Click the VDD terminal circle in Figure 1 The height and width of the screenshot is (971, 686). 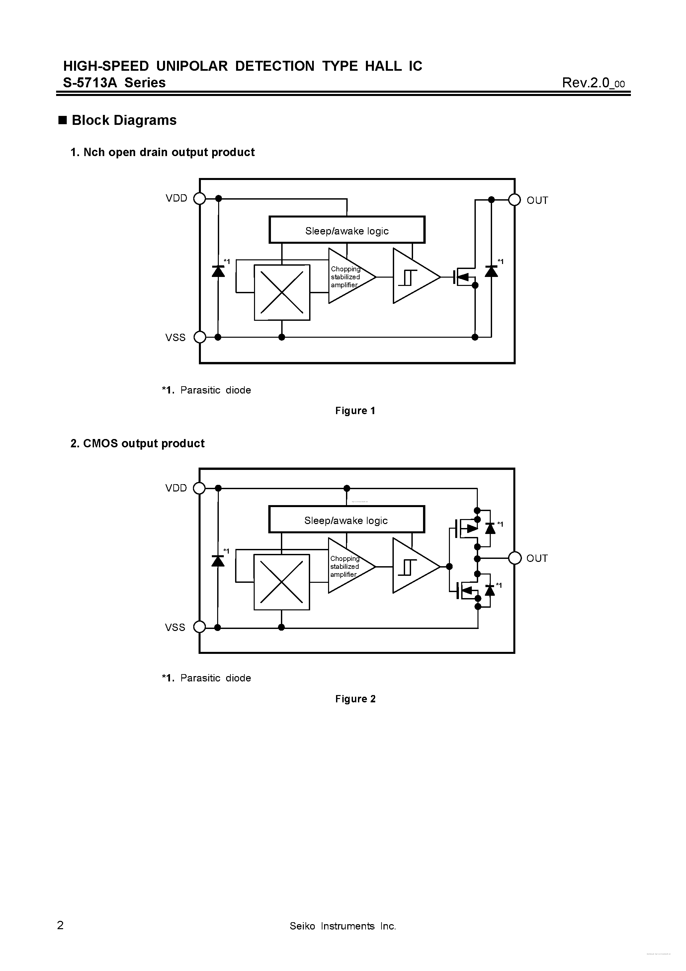199,198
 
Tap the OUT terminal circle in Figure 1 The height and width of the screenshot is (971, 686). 514,200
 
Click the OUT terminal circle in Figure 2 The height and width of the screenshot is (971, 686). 514,558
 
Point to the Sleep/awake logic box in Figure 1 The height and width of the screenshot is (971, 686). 347,230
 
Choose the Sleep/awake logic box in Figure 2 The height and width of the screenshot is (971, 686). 346,520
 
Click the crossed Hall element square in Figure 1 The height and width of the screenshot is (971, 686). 282,292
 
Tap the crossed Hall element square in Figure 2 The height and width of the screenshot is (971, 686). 281,582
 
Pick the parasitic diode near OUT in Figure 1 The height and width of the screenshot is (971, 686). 491,271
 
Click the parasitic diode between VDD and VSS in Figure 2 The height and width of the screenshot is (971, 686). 218,561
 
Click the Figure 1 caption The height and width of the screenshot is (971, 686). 355,411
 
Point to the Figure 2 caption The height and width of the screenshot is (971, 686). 355,699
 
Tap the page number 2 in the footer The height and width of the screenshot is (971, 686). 60,925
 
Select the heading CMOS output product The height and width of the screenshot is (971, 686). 137,443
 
